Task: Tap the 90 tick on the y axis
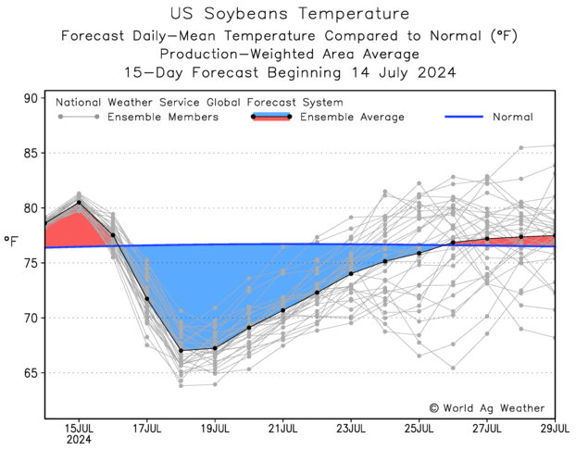31,98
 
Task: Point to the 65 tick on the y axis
31,373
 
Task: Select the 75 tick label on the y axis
31,263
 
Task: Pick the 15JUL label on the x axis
78,428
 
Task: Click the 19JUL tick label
215,428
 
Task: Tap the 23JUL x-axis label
351,428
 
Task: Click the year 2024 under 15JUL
78,441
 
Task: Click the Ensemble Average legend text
352,117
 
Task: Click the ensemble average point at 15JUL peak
79,202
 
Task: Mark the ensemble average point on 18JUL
182,350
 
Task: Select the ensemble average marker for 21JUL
283,309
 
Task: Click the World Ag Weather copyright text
486,407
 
